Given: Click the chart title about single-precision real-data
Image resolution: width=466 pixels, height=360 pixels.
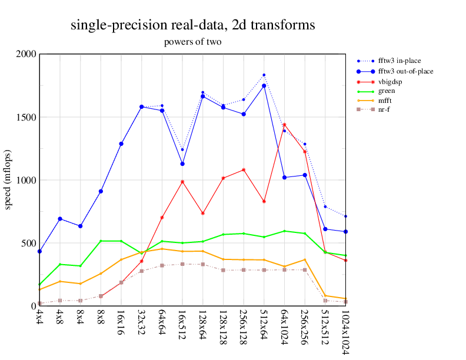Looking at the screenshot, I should pos(192,25).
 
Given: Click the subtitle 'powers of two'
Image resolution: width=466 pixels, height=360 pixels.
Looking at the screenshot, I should pos(192,42).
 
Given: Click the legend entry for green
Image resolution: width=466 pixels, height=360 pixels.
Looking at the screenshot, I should pos(387,91).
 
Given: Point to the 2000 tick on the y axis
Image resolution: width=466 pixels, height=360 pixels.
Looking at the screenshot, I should pos(26,54).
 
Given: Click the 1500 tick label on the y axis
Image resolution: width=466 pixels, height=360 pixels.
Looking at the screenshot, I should pos(26,117).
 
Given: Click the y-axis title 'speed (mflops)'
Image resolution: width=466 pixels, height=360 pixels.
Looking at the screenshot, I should pos(9,180).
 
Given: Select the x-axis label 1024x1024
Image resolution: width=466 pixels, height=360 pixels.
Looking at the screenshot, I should pos(345,332).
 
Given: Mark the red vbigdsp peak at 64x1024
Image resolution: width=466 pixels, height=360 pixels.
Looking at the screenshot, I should pos(284,125).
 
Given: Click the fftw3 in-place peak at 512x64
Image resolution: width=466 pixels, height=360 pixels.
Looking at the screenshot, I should pos(264,75).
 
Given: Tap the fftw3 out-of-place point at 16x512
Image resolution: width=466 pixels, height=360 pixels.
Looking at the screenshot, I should pos(182,164).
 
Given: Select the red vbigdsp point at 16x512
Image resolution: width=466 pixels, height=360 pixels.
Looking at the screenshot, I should pos(182,182).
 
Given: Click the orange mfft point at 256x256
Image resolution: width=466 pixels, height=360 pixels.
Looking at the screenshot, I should pos(305,259).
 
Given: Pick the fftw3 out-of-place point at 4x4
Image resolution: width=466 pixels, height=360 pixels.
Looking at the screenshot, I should pos(39,251).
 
